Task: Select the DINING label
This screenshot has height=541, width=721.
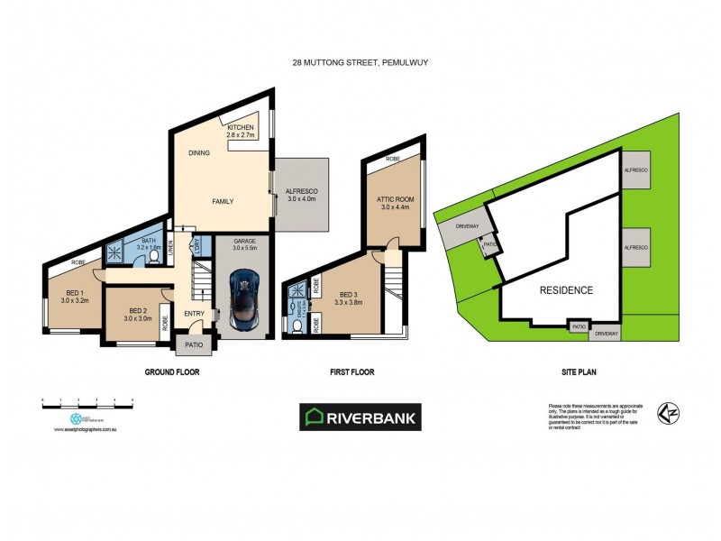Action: pyautogui.click(x=198, y=153)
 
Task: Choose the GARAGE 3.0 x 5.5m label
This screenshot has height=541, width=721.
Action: pyautogui.click(x=245, y=243)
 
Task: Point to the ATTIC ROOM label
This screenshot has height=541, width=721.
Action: pyautogui.click(x=394, y=202)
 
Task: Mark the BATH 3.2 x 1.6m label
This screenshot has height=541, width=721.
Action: pyautogui.click(x=148, y=243)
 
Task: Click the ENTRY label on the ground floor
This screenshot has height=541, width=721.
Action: pyautogui.click(x=194, y=314)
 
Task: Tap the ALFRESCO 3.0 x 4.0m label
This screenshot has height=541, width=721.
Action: pyautogui.click(x=302, y=196)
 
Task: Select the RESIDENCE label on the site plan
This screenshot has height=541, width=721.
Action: pyautogui.click(x=566, y=290)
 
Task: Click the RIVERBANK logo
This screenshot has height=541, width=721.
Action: pyautogui.click(x=360, y=417)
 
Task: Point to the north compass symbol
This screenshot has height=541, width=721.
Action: pyautogui.click(x=668, y=411)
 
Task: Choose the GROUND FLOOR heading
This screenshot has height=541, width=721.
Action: pyautogui.click(x=172, y=371)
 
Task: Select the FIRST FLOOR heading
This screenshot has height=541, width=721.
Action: pyautogui.click(x=351, y=371)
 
